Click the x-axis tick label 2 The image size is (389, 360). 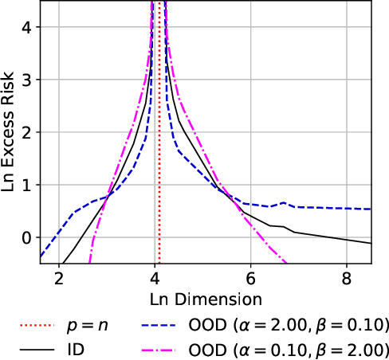(58, 280)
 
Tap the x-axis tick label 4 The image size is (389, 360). (155, 280)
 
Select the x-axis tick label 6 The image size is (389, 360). (250, 280)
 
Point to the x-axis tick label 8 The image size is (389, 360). (346, 280)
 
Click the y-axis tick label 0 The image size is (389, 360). (26, 237)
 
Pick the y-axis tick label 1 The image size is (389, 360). (26, 185)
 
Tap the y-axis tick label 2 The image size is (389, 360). (26, 132)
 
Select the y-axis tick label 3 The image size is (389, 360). (26, 80)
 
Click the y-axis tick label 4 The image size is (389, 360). (26, 27)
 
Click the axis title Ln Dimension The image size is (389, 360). (206, 299)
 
